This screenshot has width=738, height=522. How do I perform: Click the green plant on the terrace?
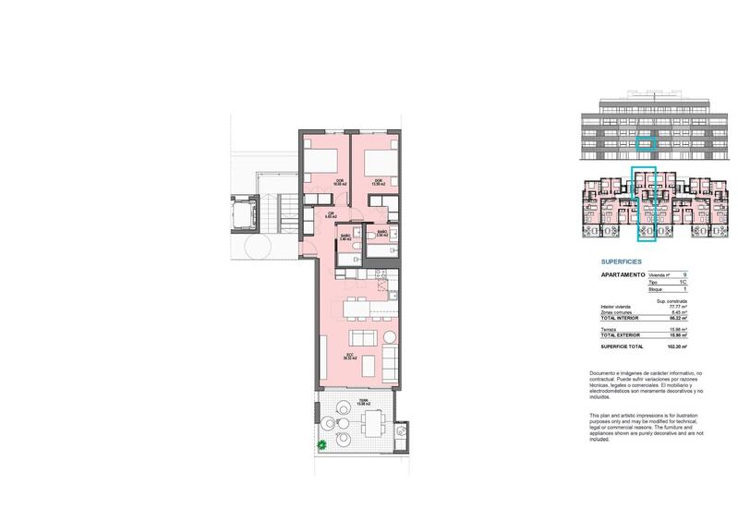(321, 447)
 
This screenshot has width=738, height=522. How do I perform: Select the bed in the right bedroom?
(377, 164)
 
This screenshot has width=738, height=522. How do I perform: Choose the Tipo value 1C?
(684, 282)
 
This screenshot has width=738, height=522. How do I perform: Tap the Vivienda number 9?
(684, 274)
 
